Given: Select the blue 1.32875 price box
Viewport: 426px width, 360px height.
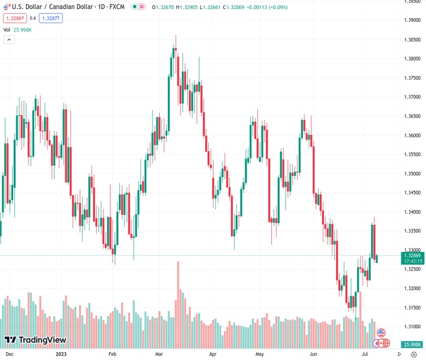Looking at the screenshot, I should [51, 18].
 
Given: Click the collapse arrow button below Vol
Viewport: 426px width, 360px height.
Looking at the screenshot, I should [9, 40].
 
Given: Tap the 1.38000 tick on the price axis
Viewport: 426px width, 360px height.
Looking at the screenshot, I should [412, 59].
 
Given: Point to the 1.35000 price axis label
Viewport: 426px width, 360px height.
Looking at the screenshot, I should [412, 173].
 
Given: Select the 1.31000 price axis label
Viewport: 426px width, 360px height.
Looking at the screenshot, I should [412, 326].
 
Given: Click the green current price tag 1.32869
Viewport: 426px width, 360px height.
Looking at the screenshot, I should [412, 256].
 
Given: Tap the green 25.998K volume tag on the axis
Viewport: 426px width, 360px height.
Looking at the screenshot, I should [412, 344].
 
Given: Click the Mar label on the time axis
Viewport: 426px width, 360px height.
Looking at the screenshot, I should [159, 354].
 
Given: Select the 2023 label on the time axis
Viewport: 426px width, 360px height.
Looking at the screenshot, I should [61, 354].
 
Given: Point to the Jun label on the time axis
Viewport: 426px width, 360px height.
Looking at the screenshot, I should [313, 354].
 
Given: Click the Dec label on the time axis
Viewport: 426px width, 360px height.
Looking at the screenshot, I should [10, 354].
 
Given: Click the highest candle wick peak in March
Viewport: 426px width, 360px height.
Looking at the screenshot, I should [175, 36].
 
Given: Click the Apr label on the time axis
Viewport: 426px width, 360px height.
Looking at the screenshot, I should [213, 354].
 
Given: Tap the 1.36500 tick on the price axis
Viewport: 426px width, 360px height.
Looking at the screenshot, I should [412, 116].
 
